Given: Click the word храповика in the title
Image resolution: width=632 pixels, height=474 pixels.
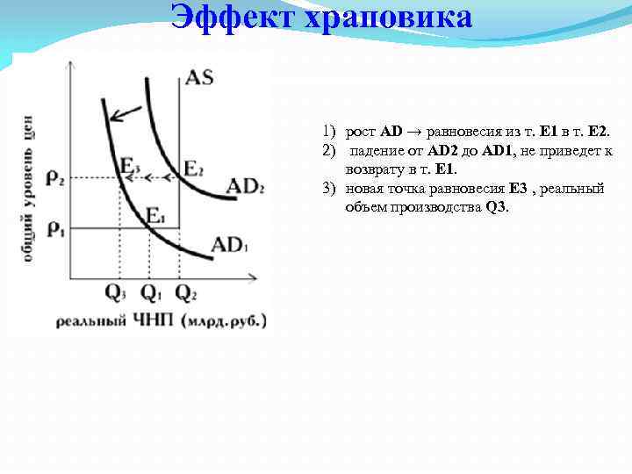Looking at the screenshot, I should (x=387, y=17).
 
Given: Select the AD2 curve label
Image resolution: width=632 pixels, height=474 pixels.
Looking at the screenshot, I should (x=245, y=187).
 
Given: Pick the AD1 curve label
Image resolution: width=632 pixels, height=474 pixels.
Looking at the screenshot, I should (x=230, y=244).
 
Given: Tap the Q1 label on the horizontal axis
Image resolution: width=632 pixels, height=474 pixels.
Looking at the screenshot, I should (x=150, y=293).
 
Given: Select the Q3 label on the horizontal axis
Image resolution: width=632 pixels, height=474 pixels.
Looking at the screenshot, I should (x=116, y=293).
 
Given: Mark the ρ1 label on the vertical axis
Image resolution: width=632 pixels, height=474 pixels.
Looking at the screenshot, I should (x=55, y=228).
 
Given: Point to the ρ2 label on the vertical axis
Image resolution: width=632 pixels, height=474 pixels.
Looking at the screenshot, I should (x=55, y=177).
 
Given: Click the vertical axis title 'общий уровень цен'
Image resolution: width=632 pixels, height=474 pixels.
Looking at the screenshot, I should (x=29, y=190).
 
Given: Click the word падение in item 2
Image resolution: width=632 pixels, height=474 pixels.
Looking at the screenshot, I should (x=373, y=151).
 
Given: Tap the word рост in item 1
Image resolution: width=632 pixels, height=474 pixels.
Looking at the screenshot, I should (x=361, y=131).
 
